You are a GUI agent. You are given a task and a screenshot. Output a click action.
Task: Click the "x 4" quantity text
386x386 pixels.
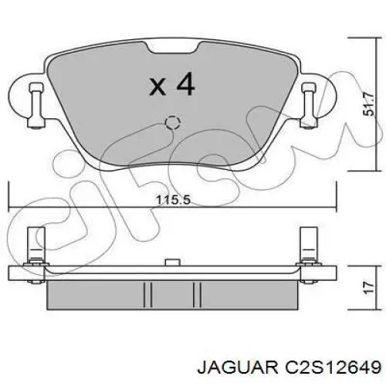(x=171, y=85)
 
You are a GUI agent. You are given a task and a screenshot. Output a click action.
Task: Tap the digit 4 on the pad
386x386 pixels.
(x=184, y=85)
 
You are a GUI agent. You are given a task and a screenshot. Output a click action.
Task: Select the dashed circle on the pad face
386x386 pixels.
(x=172, y=123)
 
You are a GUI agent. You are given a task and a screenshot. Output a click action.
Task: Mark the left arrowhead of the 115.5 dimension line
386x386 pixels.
(x=10, y=207)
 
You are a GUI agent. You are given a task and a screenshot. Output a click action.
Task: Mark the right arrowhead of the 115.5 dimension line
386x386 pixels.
(x=334, y=207)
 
